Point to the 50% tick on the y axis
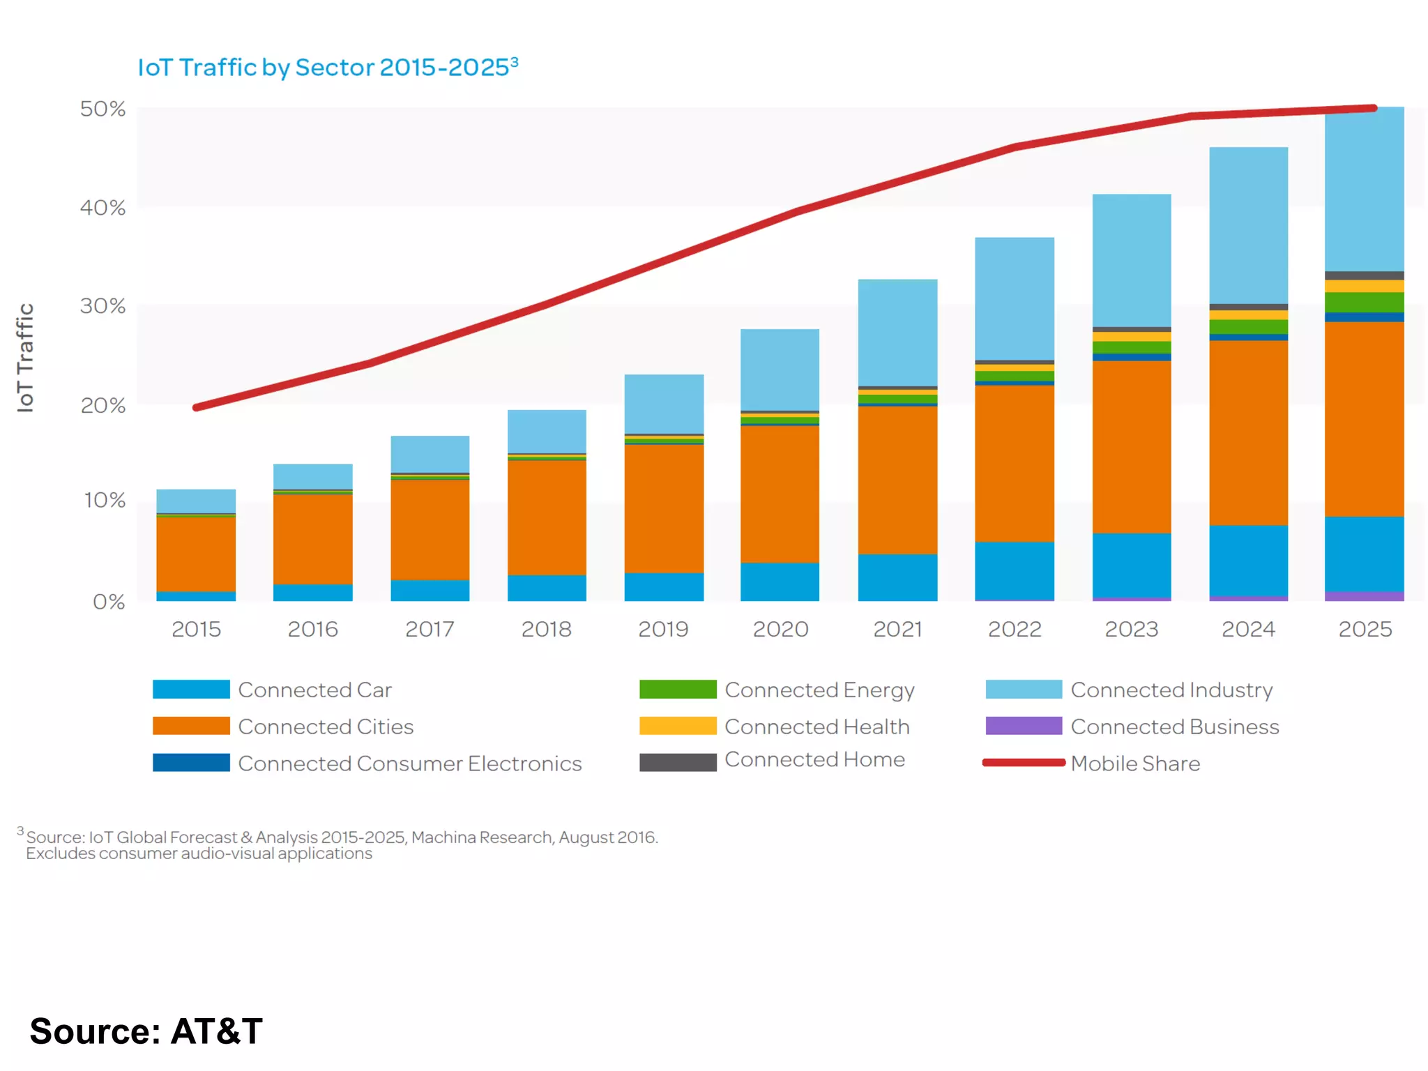pos(102,109)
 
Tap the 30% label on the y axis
pos(102,306)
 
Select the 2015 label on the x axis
pos(196,630)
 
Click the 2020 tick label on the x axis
pos(780,630)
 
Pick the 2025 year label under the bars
pos(1365,630)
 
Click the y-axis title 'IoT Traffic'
pos(25,357)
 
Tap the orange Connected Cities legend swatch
pos(191,726)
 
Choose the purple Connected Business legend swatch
pos(1024,726)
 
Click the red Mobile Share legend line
pos(1024,763)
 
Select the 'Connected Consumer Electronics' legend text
pos(410,764)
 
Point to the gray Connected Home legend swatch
pos(678,762)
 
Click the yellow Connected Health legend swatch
pos(678,726)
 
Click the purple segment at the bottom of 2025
pos(1364,596)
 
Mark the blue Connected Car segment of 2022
pos(1015,570)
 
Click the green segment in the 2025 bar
pos(1364,302)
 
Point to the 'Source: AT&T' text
pos(146,1031)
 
